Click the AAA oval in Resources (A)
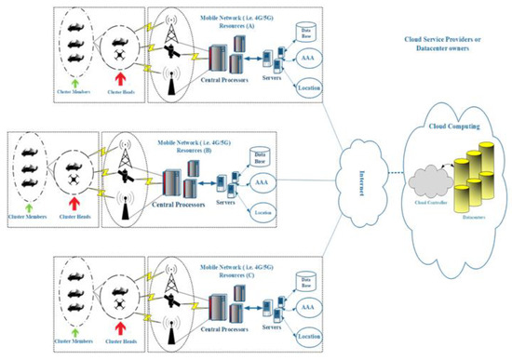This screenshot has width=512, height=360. [x=308, y=59]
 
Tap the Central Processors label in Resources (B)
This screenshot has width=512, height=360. [x=180, y=215]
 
